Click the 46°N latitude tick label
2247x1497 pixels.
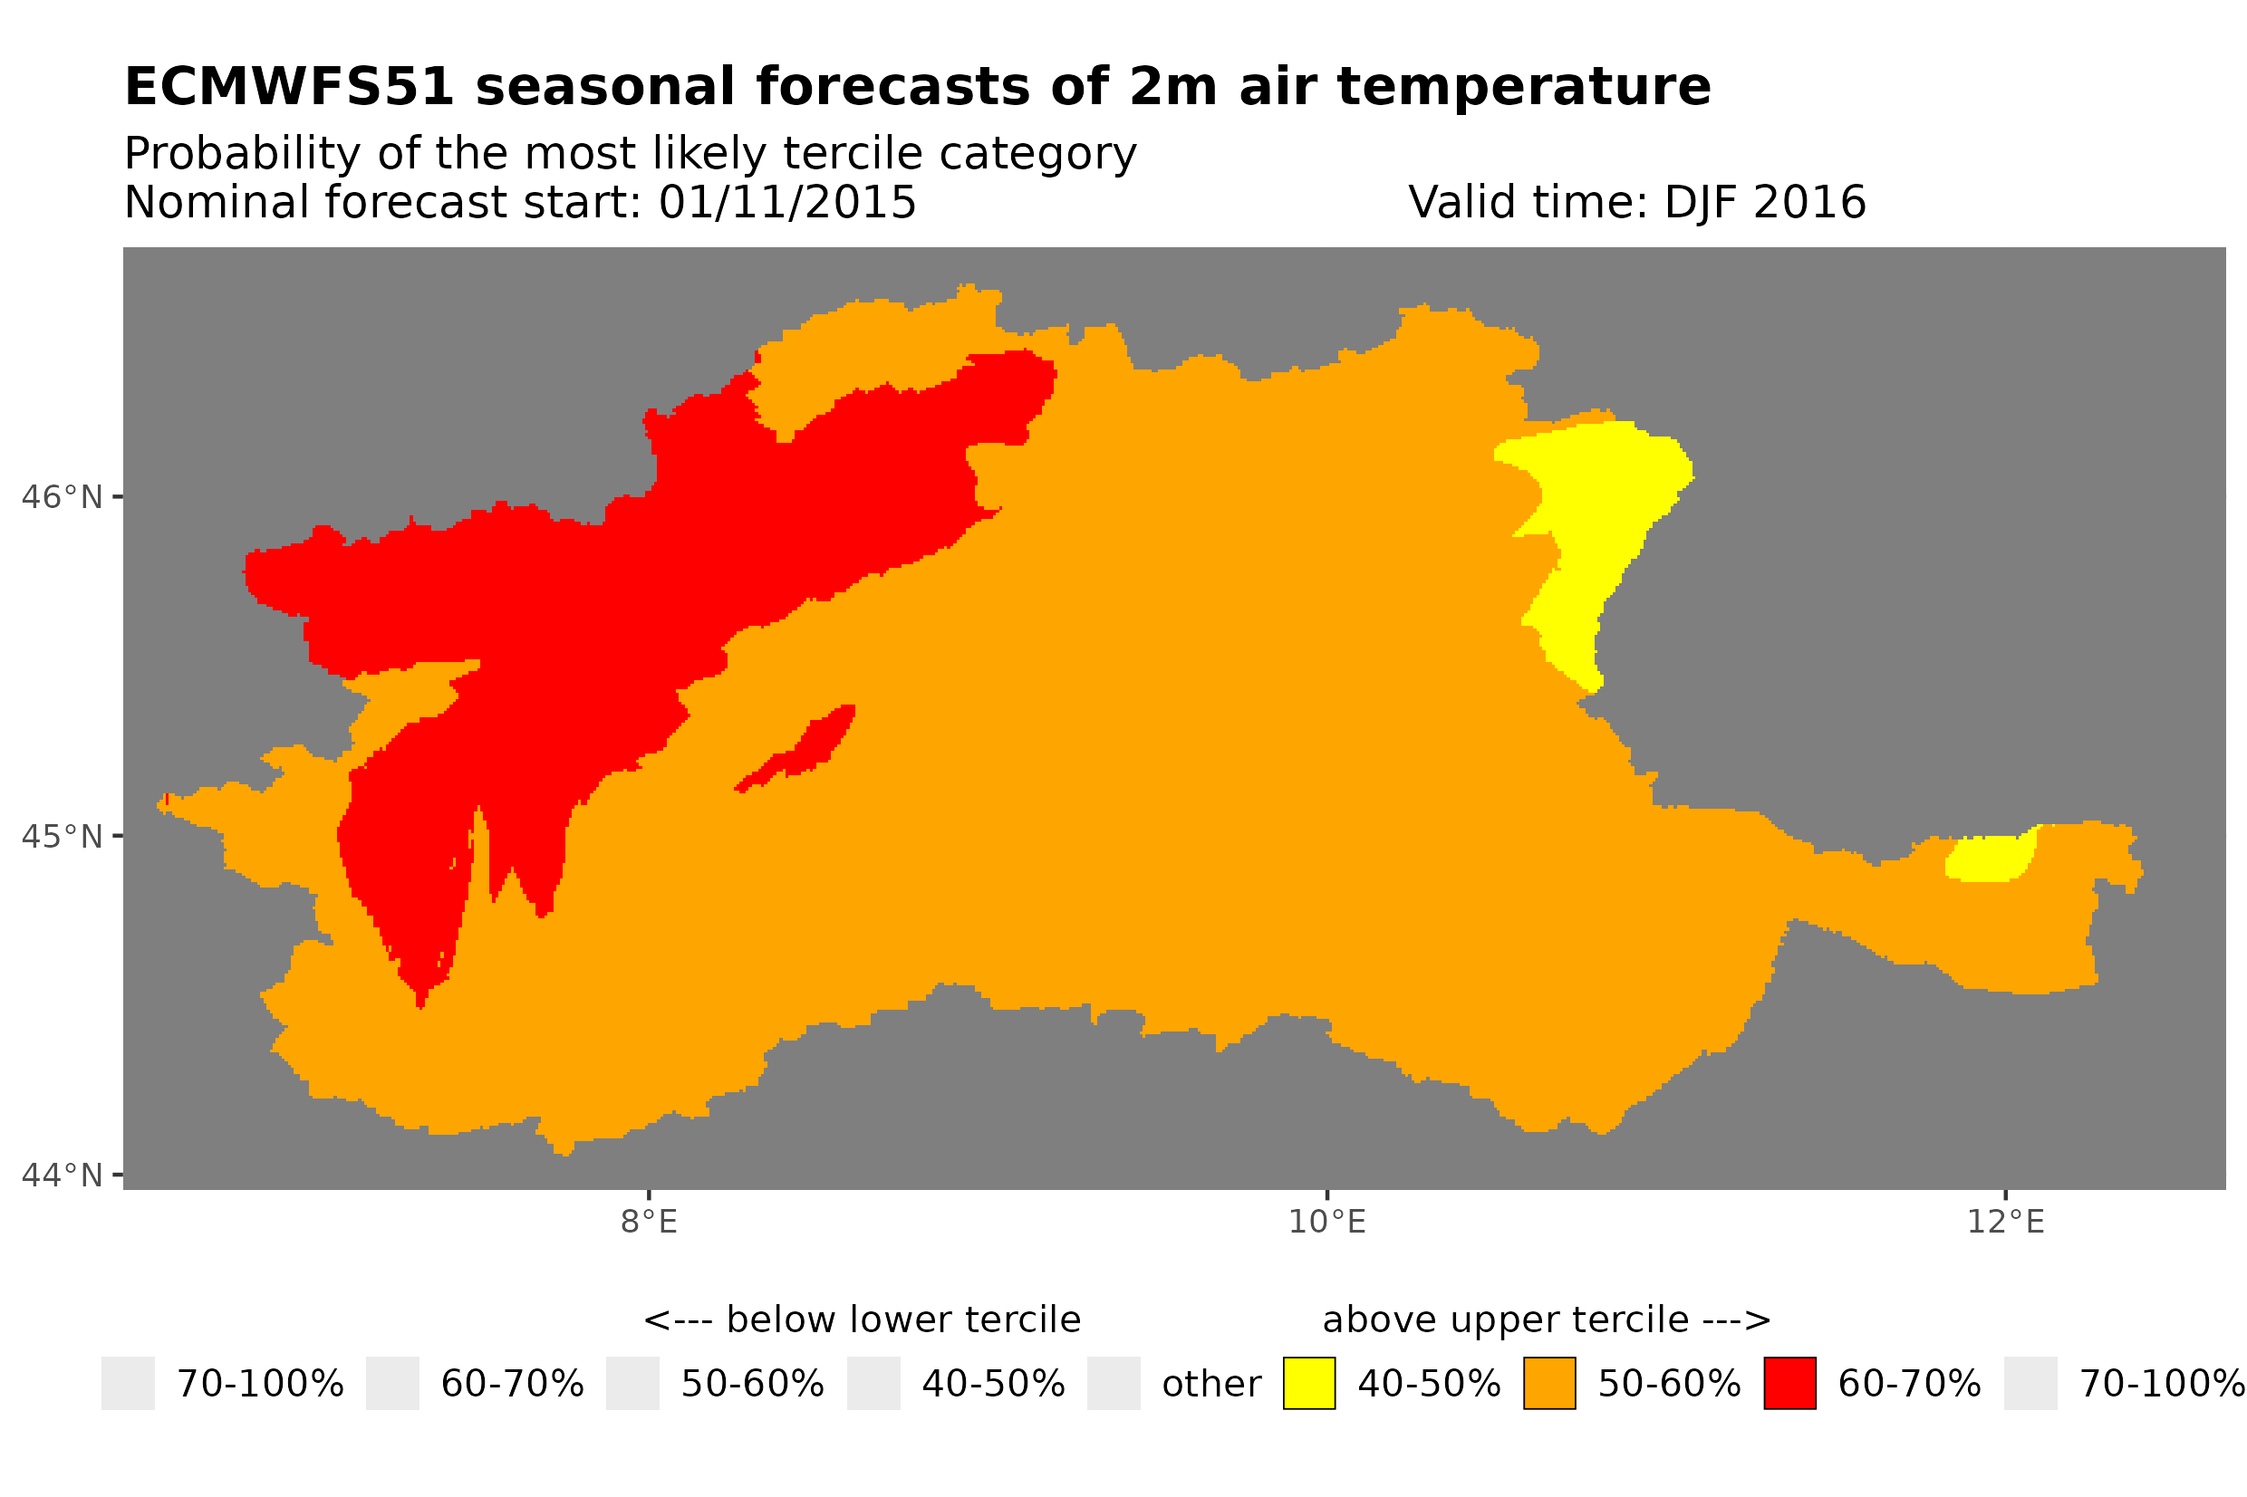[x=61, y=497]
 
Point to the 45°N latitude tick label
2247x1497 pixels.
[x=61, y=836]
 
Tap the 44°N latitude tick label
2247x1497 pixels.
[x=61, y=1176]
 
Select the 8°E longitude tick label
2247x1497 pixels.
[x=649, y=1222]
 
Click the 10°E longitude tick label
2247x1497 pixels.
[x=1326, y=1222]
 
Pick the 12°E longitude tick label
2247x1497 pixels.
[x=2005, y=1222]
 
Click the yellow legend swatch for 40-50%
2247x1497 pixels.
[x=1308, y=1384]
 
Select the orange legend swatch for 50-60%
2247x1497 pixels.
[x=1549, y=1384]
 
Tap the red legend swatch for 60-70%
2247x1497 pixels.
[x=1789, y=1384]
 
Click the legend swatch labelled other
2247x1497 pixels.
[x=1114, y=1384]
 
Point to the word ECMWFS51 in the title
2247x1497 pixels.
[x=288, y=87]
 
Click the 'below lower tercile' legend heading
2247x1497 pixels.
[x=862, y=1320]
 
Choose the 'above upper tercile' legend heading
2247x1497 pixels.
[x=1546, y=1320]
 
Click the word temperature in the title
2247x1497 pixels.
[x=1523, y=87]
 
